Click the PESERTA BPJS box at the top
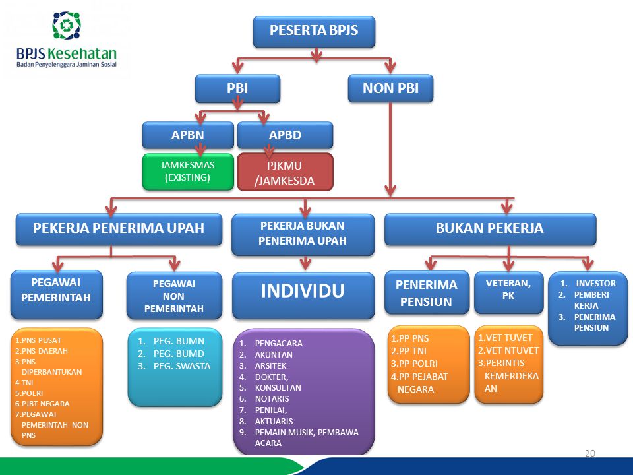pyautogui.click(x=314, y=31)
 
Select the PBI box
pyautogui.click(x=237, y=88)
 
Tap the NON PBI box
pyautogui.click(x=390, y=88)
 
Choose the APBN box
pyautogui.click(x=188, y=135)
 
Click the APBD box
pyautogui.click(x=285, y=135)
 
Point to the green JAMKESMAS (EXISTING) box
pyautogui.click(x=188, y=171)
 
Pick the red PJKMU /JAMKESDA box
pyautogui.click(x=285, y=172)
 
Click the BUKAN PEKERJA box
pyautogui.click(x=489, y=228)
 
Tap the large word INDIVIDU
pyautogui.click(x=303, y=291)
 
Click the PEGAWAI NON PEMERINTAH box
pyautogui.click(x=174, y=295)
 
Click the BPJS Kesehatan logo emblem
pyautogui.click(x=67, y=25)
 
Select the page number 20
pyautogui.click(x=590, y=453)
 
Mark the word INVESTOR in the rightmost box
pyautogui.click(x=595, y=283)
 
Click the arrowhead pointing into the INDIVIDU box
pyautogui.click(x=304, y=265)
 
